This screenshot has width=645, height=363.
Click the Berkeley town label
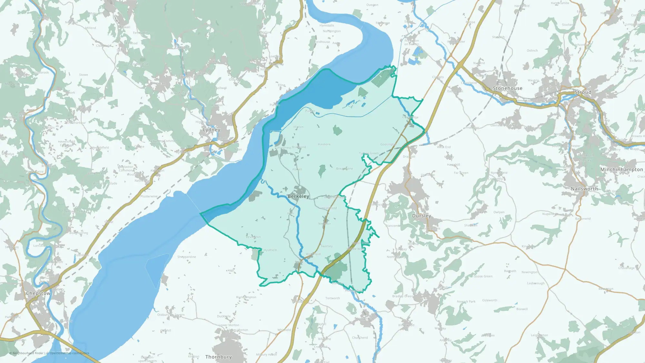click(298, 196)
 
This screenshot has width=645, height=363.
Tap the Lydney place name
click(212, 130)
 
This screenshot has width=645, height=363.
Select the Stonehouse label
click(507, 88)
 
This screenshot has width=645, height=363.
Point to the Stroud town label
click(583, 92)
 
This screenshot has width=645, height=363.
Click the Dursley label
click(422, 216)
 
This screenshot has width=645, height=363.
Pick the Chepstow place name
click(38, 293)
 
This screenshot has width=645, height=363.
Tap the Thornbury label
click(218, 357)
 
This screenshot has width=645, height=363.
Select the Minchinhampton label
click(621, 169)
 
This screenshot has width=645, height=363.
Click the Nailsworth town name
click(584, 189)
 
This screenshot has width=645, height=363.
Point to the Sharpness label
click(283, 147)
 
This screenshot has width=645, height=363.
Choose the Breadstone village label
click(344, 169)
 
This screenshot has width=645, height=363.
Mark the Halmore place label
click(324, 144)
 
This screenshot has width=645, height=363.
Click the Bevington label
click(253, 237)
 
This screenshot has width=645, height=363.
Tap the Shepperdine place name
click(186, 257)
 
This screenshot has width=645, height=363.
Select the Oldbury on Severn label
click(171, 315)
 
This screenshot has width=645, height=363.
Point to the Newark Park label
click(466, 302)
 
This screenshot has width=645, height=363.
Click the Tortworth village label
click(332, 298)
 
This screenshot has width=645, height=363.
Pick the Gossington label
click(388, 145)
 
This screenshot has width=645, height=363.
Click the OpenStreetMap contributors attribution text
click(69, 353)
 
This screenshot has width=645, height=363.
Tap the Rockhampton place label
click(246, 297)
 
